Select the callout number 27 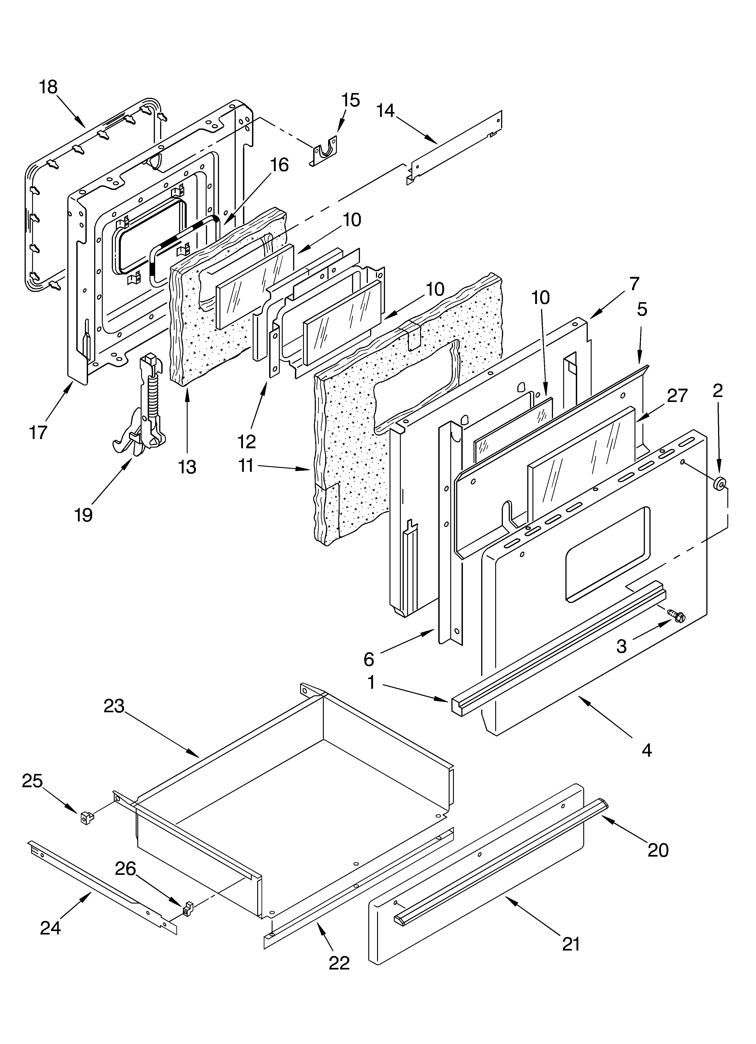click(677, 395)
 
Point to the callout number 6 click(369, 660)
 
